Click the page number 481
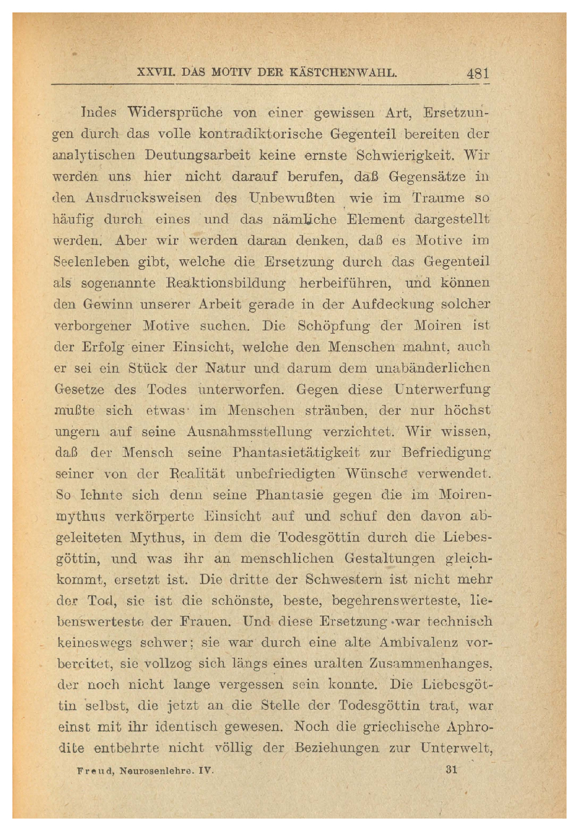pyautogui.click(x=477, y=74)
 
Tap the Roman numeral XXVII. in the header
pyautogui.click(x=156, y=73)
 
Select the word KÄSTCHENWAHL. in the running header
pyautogui.click(x=343, y=73)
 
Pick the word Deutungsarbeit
pyautogui.click(x=197, y=155)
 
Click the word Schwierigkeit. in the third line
pyautogui.click(x=406, y=155)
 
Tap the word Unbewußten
pyautogui.click(x=292, y=198)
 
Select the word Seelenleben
pyautogui.click(x=91, y=262)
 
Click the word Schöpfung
pyautogui.click(x=333, y=326)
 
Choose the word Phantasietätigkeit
pyautogui.click(x=296, y=453)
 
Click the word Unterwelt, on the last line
pyautogui.click(x=456, y=748)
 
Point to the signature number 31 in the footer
pyautogui.click(x=451, y=769)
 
